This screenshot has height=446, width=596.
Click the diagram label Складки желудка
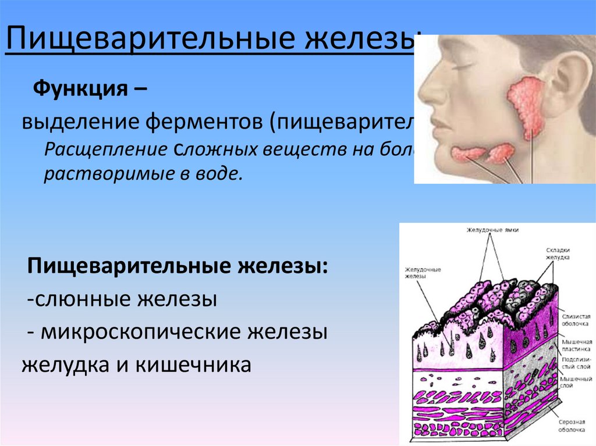pyautogui.click(x=558, y=252)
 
